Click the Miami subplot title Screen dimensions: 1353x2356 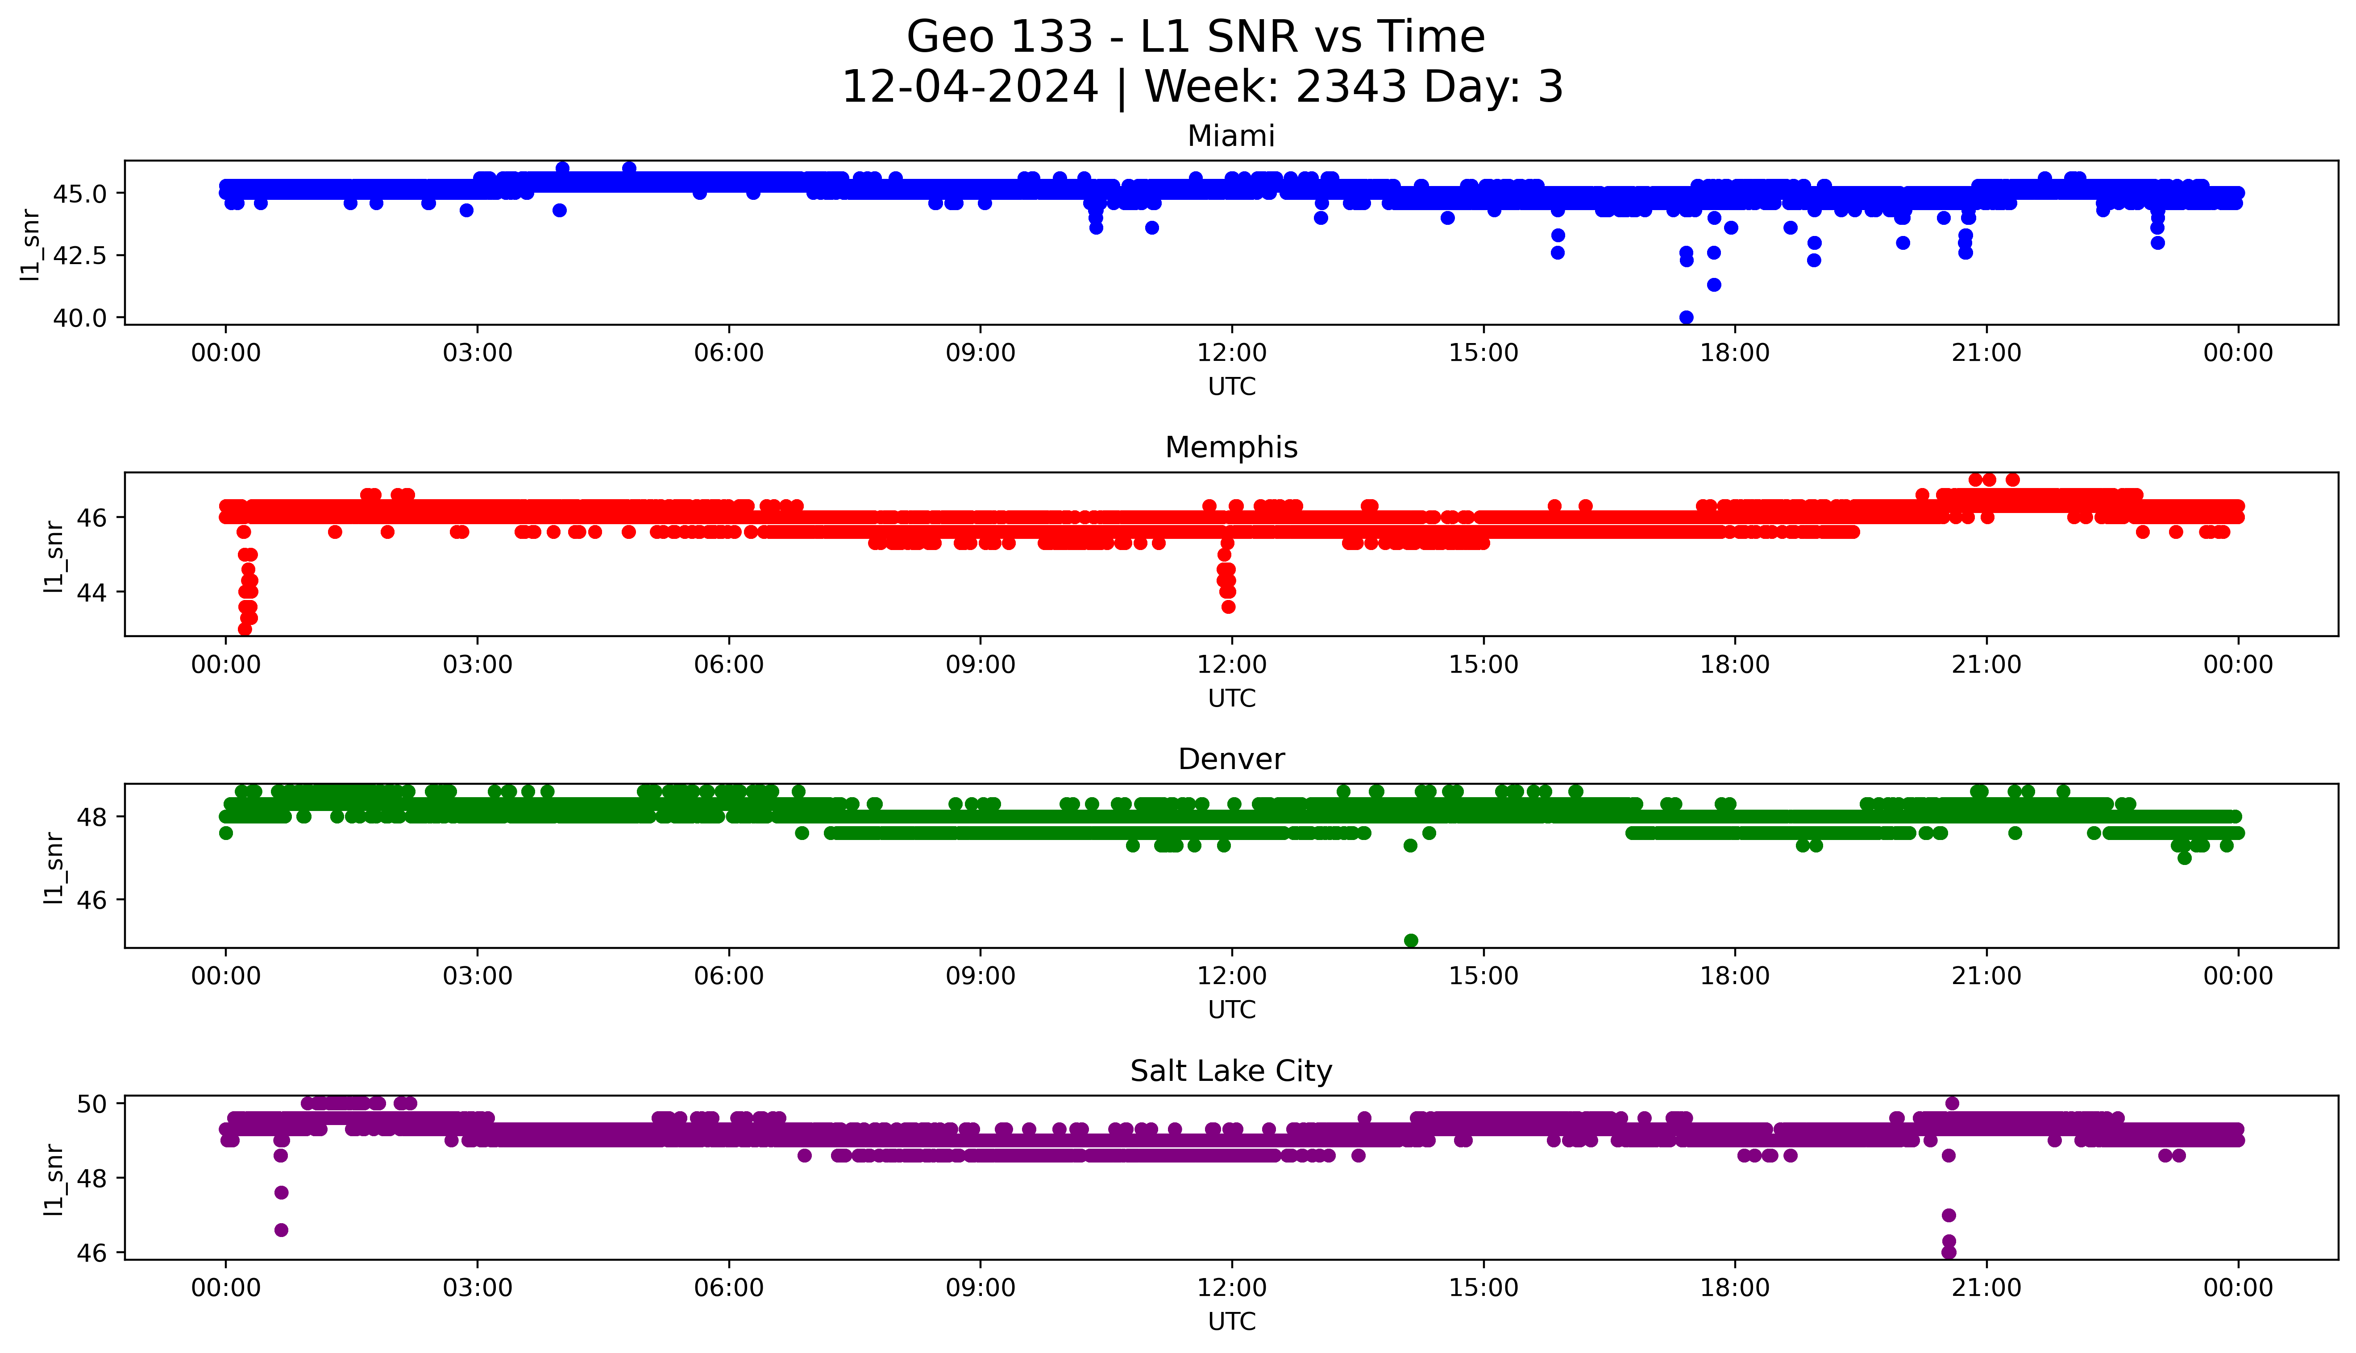1230,137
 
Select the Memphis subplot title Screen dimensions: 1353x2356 1230,448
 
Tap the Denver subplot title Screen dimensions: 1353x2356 1230,759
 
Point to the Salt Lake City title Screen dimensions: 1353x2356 1230,1072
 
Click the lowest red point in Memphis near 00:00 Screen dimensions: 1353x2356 245,629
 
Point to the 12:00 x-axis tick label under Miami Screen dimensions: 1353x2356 1231,353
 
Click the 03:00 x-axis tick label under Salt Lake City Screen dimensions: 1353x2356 478,1288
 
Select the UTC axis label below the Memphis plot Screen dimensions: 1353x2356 1231,699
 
